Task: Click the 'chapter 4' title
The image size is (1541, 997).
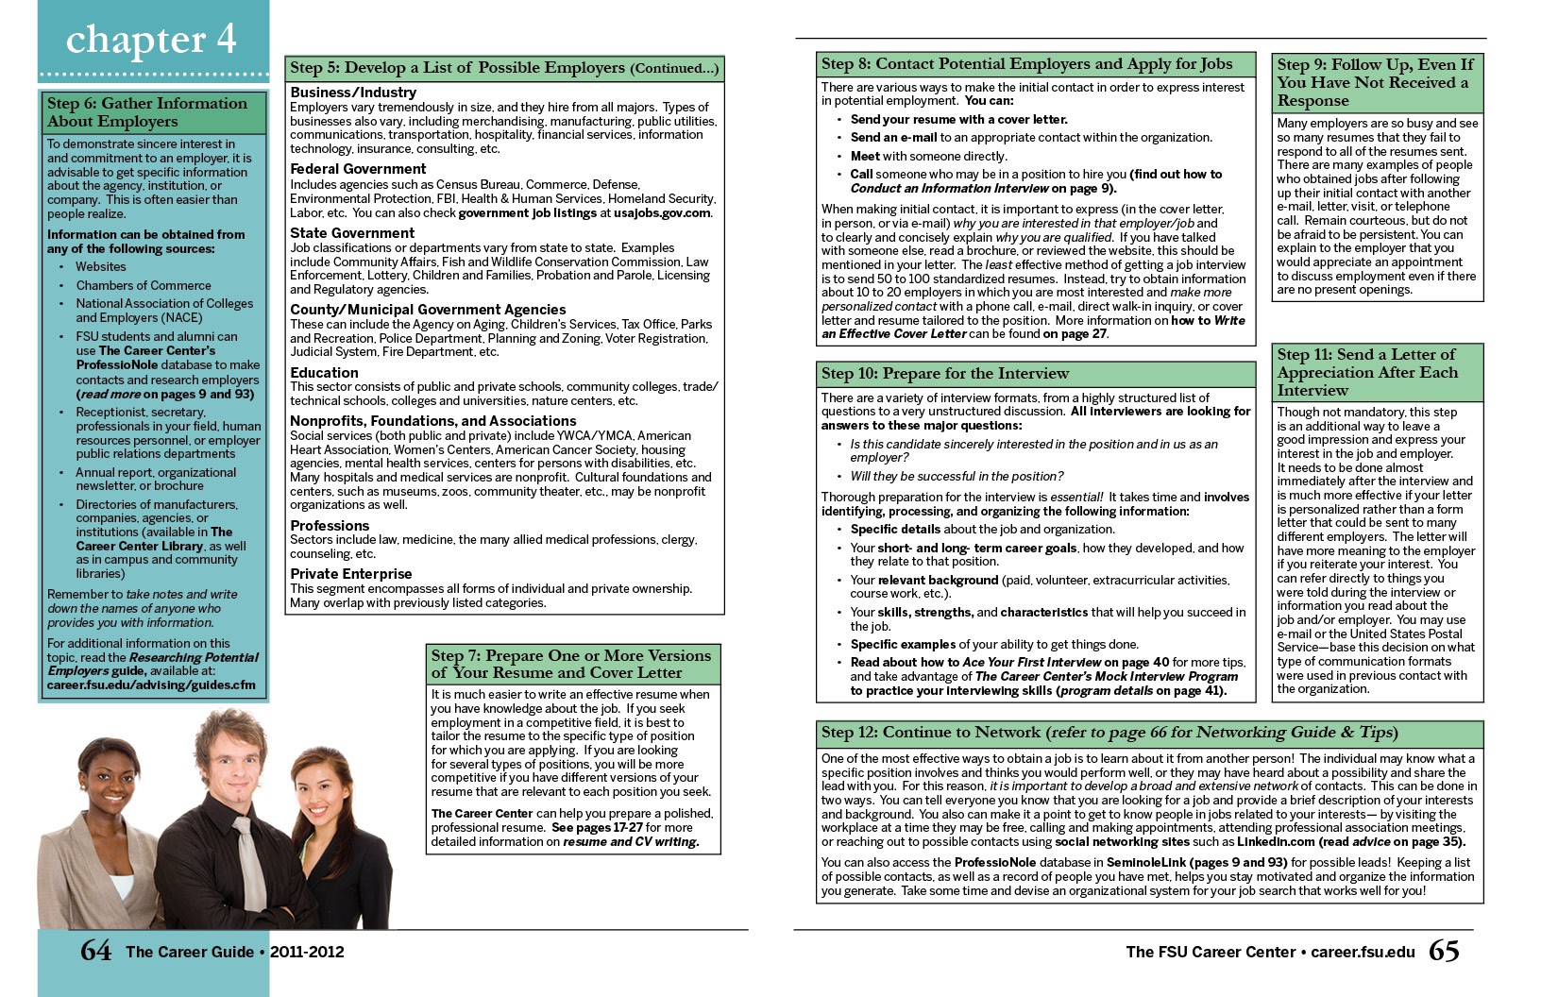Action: pos(151,40)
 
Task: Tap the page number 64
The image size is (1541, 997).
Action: pos(95,950)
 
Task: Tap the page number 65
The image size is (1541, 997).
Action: pos(1444,950)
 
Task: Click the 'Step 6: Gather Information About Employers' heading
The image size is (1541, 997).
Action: pos(147,112)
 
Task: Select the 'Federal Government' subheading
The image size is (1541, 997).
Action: pos(358,169)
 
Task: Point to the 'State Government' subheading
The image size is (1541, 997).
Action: pos(352,233)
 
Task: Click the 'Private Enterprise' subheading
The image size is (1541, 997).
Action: pos(351,574)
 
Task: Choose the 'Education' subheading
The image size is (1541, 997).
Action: pos(324,373)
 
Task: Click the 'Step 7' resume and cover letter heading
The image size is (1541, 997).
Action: pos(571,664)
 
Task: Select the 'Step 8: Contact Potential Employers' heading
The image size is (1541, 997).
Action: pos(1026,64)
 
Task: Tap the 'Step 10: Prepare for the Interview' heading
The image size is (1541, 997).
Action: pos(945,374)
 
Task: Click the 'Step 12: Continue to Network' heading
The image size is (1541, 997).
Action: pos(1109,733)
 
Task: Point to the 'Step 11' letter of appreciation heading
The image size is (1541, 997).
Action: pos(1367,372)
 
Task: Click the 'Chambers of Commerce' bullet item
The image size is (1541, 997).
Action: pos(144,285)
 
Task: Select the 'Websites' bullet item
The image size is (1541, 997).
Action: pos(101,267)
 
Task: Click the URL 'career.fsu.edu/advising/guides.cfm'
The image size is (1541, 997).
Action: pos(151,684)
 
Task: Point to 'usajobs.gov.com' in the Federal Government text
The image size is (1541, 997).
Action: pos(662,213)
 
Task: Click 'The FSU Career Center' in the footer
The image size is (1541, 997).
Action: pos(1211,952)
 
